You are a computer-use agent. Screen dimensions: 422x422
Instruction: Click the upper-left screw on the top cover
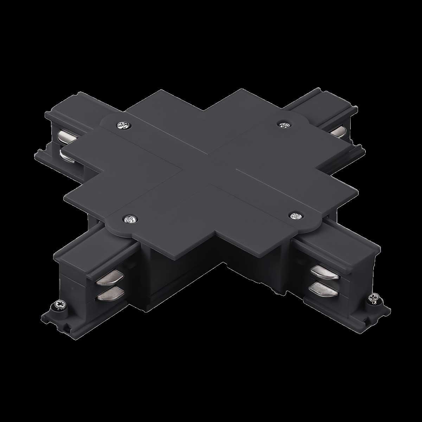(x=123, y=125)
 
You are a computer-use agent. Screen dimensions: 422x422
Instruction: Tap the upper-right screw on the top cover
(x=283, y=124)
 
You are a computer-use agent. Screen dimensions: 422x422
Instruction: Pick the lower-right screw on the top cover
(x=295, y=216)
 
